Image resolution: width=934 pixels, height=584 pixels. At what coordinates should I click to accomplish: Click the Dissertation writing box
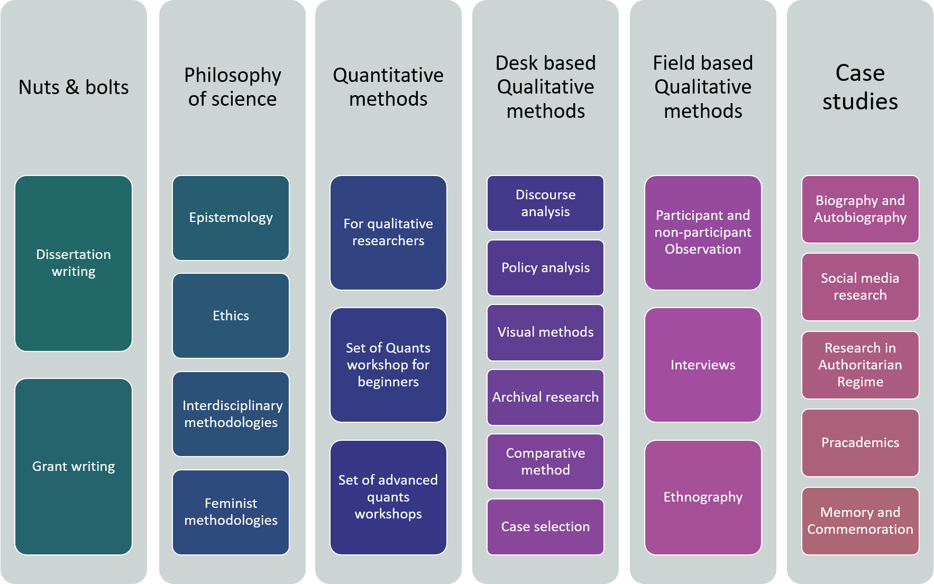74,263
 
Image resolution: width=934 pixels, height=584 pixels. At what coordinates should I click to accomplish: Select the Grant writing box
74,466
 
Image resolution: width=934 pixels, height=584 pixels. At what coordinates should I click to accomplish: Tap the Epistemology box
231,218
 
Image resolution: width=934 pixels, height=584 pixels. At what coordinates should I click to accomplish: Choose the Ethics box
231,316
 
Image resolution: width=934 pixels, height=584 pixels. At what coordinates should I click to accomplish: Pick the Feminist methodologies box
231,512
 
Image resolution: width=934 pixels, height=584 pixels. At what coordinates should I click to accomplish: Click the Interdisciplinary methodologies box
231,414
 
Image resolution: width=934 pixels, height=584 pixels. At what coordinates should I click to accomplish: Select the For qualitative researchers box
388,233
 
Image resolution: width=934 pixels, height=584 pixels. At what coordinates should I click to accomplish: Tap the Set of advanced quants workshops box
388,497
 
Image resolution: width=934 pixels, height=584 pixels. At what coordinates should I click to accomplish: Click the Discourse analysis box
545,203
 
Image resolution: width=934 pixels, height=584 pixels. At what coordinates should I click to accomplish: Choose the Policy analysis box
545,268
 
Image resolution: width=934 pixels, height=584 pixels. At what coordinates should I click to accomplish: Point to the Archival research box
545,397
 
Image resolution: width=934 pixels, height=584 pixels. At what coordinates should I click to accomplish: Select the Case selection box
545,526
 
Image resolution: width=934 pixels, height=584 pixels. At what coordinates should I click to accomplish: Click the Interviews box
702,365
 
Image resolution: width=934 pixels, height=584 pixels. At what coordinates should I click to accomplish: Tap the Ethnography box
702,497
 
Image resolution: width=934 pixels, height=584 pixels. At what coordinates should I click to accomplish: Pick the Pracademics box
860,442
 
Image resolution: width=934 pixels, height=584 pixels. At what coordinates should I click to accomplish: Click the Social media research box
860,286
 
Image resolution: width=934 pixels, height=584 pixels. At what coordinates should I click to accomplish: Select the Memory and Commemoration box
860,521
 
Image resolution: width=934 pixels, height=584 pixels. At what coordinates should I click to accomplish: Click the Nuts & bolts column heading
74,87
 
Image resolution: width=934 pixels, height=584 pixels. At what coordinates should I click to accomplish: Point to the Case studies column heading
860,87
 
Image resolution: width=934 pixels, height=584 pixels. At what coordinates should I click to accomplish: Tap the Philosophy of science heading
232,87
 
